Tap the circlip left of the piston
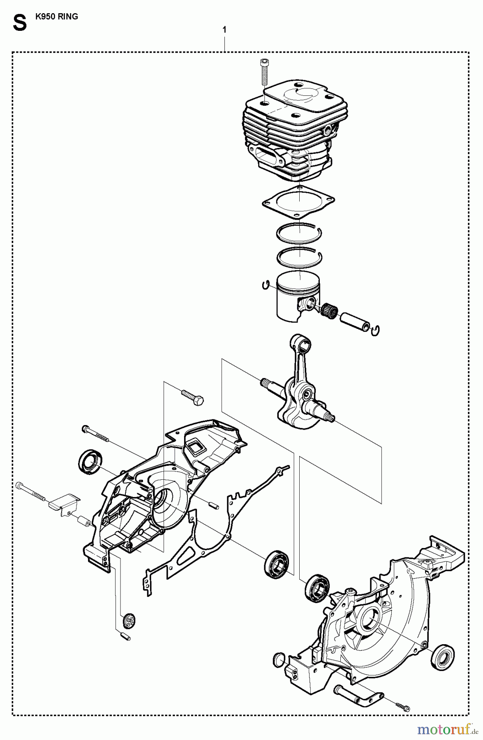[266, 284]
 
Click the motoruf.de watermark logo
[447, 729]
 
